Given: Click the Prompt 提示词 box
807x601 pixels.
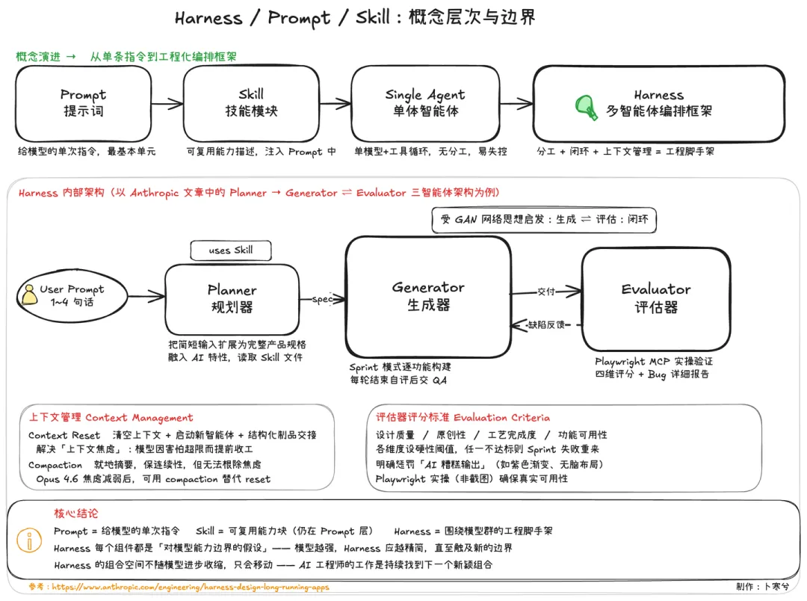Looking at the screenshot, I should (83, 103).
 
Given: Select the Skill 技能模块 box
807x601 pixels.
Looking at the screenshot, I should (251, 103).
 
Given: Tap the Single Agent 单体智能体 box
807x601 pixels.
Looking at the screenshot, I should (425, 103).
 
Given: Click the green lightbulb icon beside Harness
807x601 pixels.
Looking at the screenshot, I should (586, 106).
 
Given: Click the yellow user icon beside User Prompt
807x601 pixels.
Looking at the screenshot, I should (29, 296).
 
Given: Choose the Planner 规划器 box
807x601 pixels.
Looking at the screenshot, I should (232, 298).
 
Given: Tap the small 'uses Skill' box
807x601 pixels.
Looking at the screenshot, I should (230, 250).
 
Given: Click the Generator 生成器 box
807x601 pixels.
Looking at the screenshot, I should (428, 296).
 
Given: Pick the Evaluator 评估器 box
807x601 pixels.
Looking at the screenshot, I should (655, 298).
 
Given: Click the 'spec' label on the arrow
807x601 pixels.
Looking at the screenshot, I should (323, 299).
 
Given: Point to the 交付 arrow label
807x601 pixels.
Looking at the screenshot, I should (546, 292).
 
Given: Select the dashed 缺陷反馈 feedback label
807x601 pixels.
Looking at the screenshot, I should (547, 324).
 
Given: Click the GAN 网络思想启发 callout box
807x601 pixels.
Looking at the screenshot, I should (543, 220).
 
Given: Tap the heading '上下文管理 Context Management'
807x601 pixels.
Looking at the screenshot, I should (111, 418).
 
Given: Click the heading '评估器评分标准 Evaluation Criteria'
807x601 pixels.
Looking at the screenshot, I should (463, 418).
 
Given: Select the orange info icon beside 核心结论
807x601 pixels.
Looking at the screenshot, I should (29, 540).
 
